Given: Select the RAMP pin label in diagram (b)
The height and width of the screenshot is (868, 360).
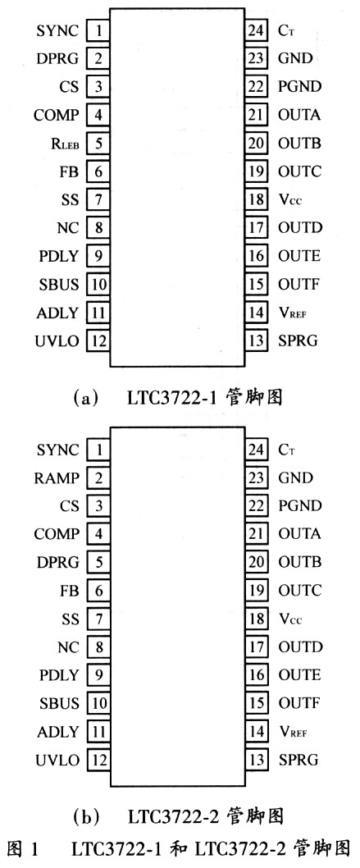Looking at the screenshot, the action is [x=57, y=477].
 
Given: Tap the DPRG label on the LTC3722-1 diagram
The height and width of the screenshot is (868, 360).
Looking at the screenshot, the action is [x=57, y=58].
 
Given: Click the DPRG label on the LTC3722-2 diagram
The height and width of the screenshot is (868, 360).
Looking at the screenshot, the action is [x=57, y=563].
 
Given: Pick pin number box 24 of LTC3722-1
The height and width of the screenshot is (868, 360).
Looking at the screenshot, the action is [x=257, y=30].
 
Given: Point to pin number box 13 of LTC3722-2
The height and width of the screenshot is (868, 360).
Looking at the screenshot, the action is [x=257, y=760].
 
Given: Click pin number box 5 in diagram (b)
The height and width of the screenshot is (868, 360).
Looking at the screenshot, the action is [x=98, y=563].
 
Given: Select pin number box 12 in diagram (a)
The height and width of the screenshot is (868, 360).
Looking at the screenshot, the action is [x=98, y=341].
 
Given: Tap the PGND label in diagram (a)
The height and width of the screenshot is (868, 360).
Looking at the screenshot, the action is [x=299, y=87].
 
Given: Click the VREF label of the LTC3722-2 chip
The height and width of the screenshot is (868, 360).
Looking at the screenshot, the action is [x=293, y=732].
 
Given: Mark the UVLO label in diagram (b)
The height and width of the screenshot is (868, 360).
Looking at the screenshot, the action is [x=57, y=760].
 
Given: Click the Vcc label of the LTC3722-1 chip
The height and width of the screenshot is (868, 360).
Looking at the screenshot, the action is [x=290, y=200].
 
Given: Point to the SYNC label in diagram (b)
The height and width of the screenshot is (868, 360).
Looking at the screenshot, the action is [x=57, y=450].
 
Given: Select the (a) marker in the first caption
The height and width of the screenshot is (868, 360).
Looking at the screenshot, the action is [x=84, y=398].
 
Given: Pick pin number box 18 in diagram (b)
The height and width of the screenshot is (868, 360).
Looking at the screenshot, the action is [x=257, y=619].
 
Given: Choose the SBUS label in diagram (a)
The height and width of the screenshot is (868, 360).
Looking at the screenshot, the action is [x=58, y=285].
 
